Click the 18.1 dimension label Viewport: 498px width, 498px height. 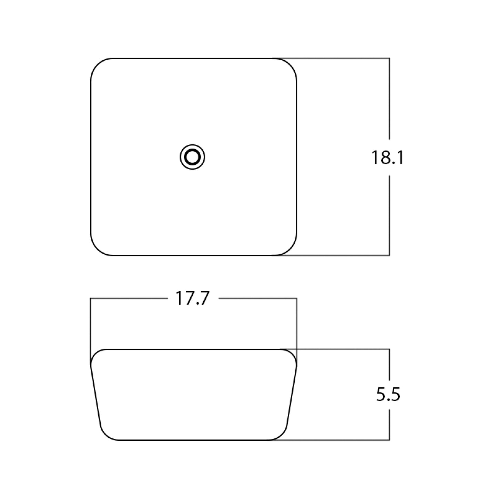387,158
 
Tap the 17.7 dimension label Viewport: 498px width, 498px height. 192,298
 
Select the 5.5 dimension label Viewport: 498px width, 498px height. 388,395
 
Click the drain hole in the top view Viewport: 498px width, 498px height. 192,157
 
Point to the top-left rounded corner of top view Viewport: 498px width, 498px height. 98,65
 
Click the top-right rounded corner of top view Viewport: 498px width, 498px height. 289,65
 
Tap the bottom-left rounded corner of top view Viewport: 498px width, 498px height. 98,248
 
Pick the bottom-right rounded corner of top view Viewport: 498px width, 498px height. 289,248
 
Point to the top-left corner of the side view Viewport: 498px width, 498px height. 95,354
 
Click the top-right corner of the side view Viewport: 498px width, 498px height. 293,354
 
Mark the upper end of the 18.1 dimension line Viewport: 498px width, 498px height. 389,58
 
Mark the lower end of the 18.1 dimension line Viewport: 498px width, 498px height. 389,255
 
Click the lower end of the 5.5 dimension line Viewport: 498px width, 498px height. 389,440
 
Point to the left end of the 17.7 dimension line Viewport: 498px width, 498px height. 90,298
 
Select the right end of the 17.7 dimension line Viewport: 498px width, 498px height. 297,298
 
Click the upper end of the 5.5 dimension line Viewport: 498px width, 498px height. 389,349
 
